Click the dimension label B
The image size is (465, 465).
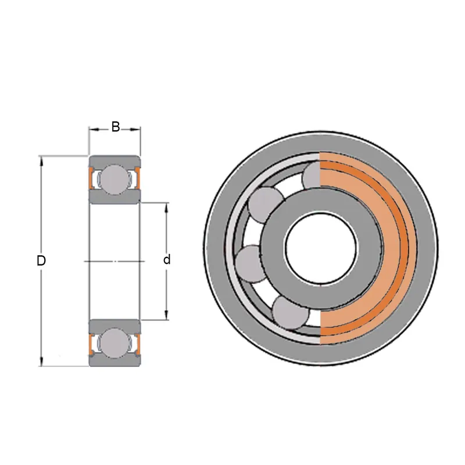tap(115, 127)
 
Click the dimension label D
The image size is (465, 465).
tap(41, 260)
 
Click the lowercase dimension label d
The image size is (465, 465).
tap(167, 259)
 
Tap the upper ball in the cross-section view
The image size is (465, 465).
tap(115, 180)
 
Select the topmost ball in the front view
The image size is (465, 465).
tap(311, 174)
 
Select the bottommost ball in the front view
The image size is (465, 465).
tap(289, 313)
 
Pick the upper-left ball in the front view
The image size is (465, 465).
tap(266, 205)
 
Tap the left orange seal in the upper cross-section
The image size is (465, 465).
tap(91, 178)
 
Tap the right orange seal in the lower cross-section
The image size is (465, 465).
tap(138, 344)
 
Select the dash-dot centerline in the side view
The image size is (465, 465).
tap(115, 261)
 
